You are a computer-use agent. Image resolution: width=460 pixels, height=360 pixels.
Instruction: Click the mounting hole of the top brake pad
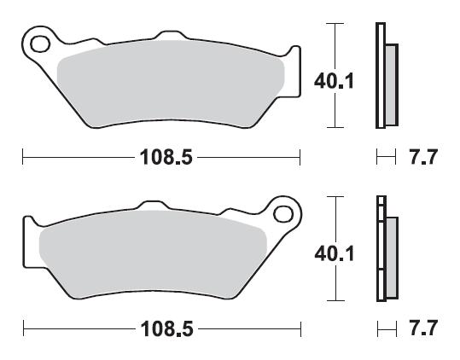click(x=40, y=44)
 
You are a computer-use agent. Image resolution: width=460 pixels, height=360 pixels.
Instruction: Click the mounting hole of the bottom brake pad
click(x=283, y=214)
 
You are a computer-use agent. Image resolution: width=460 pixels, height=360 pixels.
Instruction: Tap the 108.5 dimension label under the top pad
click(x=166, y=157)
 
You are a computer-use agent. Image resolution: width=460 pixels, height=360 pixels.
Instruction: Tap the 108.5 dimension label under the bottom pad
click(x=167, y=329)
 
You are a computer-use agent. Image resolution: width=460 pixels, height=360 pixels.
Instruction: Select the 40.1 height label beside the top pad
click(x=335, y=81)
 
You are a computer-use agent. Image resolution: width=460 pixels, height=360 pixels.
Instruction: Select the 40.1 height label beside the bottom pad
click(x=335, y=253)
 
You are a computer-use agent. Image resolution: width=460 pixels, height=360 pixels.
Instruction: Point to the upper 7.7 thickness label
click(x=423, y=157)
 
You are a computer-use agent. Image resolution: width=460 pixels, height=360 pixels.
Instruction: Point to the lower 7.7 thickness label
click(x=423, y=328)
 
